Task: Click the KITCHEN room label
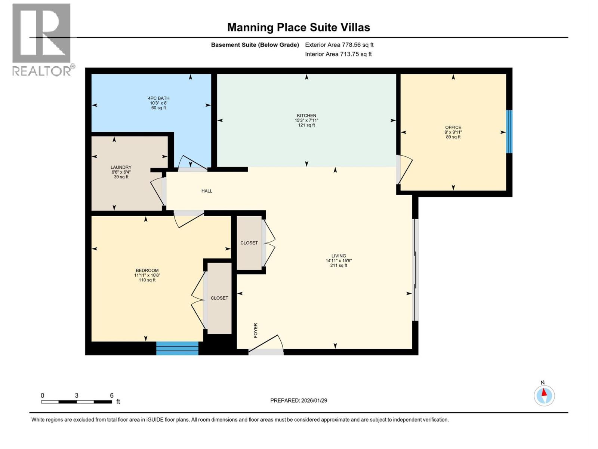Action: (x=306, y=116)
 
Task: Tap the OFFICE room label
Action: (x=453, y=127)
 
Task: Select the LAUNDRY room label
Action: (x=121, y=167)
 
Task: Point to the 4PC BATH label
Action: (x=158, y=98)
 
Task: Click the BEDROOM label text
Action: (x=147, y=271)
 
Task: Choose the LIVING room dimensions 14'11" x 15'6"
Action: (x=339, y=261)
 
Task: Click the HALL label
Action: (x=207, y=191)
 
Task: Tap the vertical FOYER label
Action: (x=256, y=330)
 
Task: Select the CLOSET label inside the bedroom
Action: (x=219, y=298)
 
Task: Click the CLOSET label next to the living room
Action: (x=249, y=243)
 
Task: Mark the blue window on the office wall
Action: (x=509, y=131)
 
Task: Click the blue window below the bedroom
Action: (x=177, y=348)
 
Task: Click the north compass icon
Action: (x=544, y=395)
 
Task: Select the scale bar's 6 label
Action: (x=111, y=395)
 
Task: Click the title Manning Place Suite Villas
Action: (x=299, y=27)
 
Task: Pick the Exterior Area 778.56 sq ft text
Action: (x=339, y=45)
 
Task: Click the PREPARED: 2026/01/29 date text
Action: (x=299, y=400)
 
